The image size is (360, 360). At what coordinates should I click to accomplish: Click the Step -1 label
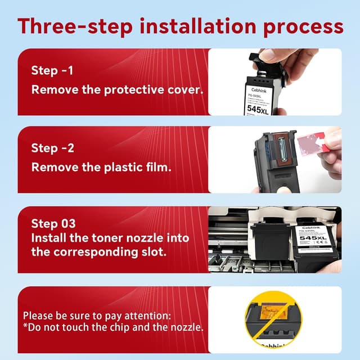tap(52, 71)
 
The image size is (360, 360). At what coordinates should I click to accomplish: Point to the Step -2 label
tap(52, 148)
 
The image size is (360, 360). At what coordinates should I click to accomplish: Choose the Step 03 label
tap(52, 224)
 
